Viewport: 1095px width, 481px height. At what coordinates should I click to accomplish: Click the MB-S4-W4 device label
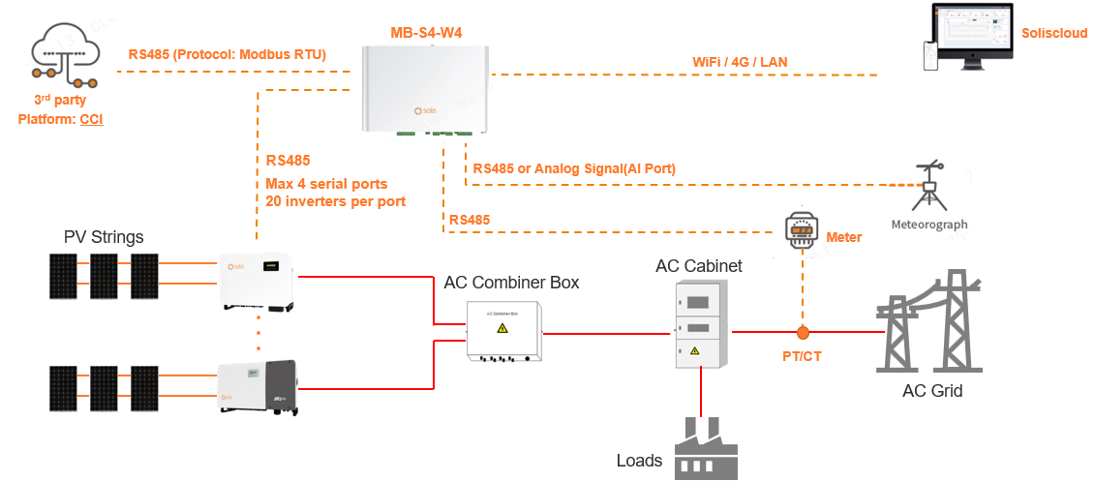426,33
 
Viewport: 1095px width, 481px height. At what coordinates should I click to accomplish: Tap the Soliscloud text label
1054,33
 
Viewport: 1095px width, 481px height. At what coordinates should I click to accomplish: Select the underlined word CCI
91,119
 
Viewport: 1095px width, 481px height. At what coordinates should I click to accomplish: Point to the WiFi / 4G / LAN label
740,62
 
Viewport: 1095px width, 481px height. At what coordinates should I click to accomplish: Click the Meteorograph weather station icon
930,187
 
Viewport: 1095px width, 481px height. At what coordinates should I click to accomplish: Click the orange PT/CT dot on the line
803,332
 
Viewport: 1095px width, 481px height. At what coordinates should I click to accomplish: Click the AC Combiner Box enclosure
503,330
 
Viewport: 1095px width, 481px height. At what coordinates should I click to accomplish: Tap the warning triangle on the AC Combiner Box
502,329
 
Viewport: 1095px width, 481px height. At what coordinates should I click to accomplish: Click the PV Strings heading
104,237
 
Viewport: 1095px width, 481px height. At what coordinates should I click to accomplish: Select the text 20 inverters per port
335,201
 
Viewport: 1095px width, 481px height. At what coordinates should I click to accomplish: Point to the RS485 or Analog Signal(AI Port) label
574,168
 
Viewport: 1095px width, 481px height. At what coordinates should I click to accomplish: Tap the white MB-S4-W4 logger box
426,88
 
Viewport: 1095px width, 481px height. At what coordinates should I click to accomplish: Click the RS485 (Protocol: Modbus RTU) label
228,55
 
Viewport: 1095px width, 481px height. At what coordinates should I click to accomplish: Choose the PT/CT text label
802,356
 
